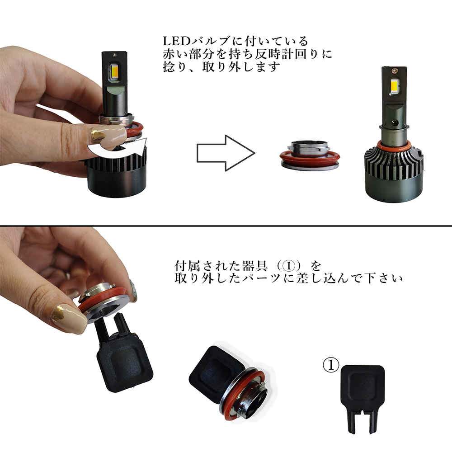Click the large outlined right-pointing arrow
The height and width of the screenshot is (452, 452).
point(226,153)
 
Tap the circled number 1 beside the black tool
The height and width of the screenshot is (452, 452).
point(331,365)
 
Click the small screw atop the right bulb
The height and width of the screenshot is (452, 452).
point(394,69)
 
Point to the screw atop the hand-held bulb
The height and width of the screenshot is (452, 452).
point(115,55)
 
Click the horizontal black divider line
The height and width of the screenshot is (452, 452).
point(226,226)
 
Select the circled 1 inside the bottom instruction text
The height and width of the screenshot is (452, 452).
point(289,265)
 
